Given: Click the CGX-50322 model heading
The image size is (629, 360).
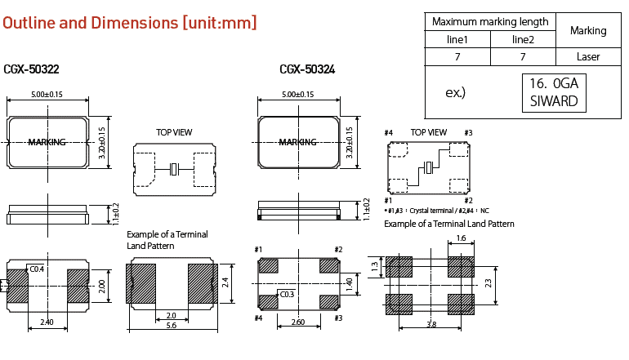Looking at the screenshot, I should pos(31,70).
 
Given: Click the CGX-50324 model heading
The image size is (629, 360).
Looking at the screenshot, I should pos(307,70).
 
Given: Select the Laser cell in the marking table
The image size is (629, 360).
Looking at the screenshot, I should pos(588,57).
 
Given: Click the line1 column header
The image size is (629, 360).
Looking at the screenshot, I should pos(457,39).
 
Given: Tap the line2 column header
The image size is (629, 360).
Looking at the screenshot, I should pos(523,39).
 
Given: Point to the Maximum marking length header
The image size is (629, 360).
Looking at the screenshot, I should pos(490,22).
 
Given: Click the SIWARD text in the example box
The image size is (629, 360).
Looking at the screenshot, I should pos(554,101).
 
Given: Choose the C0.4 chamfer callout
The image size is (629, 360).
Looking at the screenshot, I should pos(37,269).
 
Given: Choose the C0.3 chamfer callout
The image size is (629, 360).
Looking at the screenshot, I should pos(287,295).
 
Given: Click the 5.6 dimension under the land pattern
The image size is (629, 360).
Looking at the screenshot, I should pos(171,325).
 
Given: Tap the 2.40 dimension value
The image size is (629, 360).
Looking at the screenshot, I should pos(47,323).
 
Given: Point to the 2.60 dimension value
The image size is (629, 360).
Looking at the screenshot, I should pos(299,323).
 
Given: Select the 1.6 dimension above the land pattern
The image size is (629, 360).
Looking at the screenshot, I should pos(460,239).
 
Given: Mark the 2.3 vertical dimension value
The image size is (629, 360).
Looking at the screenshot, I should pos(488,283).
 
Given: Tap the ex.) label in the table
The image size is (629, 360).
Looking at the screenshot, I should pos(455,93).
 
